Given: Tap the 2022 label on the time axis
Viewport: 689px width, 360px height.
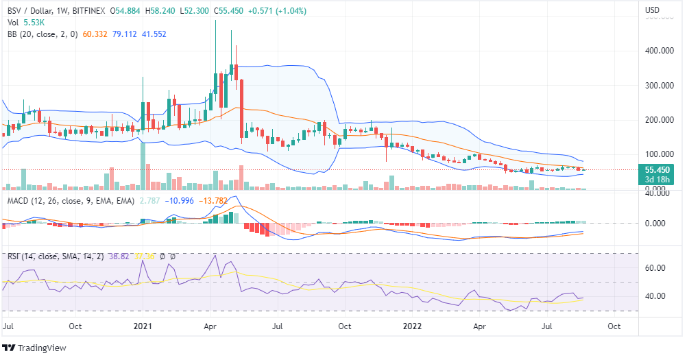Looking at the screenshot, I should (x=411, y=327).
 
